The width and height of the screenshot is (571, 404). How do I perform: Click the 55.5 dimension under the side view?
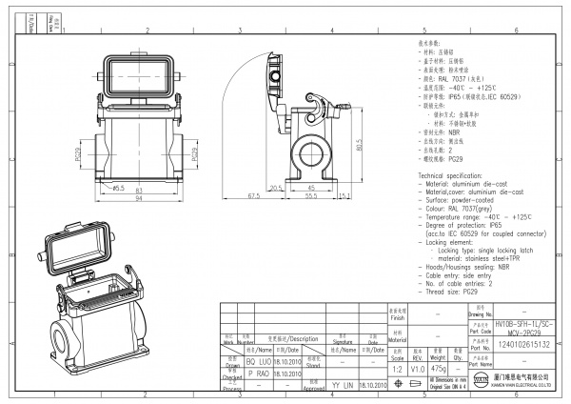[x=310, y=195]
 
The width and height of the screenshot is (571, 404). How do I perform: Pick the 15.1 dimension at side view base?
[x=343, y=195]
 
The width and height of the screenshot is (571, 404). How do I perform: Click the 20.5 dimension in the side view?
[x=276, y=187]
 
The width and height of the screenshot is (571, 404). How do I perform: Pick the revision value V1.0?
[x=417, y=367]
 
